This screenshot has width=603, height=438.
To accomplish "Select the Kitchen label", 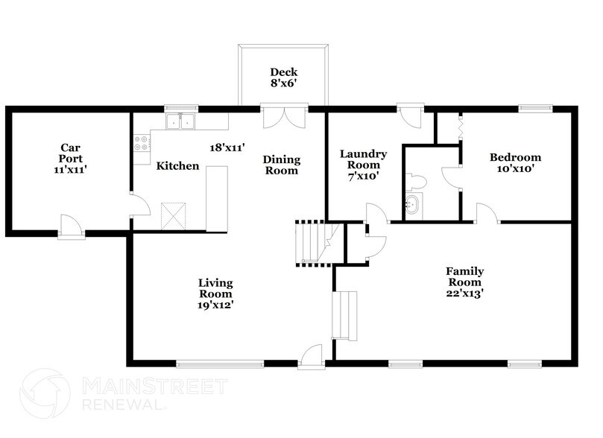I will coord(177,166).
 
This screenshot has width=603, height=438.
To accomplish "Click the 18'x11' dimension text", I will coord(227,148).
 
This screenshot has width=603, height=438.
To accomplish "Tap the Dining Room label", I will coord(281,165).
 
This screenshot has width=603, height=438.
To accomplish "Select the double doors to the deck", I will coord(284,118).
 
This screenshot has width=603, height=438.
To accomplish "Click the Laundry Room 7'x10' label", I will coord(364,165).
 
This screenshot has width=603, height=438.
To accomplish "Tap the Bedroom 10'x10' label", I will coord(515,163).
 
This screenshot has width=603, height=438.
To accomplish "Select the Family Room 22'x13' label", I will coord(464,282).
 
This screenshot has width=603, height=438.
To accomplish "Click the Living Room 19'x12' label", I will coord(216,294).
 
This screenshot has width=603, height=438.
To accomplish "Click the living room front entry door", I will coord(310,356).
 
